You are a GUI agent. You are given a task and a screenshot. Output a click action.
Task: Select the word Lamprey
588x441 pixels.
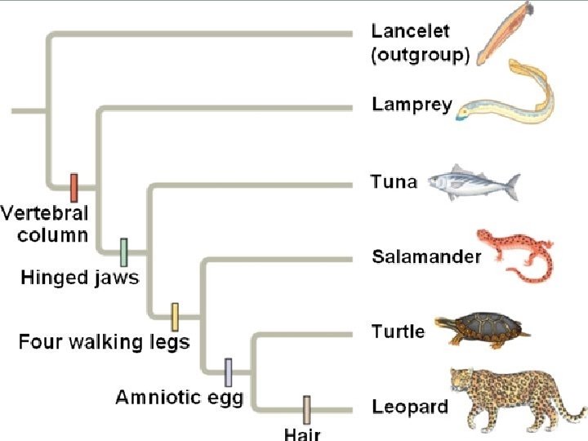[x=412, y=105]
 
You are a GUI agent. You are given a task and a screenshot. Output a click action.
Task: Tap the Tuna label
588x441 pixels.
[x=394, y=182]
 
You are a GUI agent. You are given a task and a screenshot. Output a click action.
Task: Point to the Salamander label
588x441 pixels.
[x=426, y=257]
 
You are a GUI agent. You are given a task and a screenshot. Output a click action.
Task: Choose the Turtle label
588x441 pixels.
[x=398, y=332]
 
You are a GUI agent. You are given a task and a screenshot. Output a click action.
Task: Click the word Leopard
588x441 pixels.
[x=409, y=406]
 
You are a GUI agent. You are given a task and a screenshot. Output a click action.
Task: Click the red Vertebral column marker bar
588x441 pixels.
[x=73, y=187]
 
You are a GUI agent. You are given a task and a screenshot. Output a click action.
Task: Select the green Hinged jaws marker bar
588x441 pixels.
[x=124, y=252]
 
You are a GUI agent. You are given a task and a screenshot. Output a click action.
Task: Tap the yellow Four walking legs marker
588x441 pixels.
[x=175, y=316]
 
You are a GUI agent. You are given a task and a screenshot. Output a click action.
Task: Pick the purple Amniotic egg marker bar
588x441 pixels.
[x=229, y=372]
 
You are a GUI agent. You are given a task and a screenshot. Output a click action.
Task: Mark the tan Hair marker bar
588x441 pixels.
[x=307, y=408]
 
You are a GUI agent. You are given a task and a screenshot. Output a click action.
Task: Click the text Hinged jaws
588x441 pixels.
[x=80, y=278]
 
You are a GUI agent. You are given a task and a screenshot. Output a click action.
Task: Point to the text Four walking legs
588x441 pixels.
[x=104, y=341]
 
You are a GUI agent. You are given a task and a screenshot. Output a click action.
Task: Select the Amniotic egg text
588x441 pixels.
[x=179, y=398]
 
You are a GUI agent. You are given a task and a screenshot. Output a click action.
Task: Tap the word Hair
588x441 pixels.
[x=301, y=434]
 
